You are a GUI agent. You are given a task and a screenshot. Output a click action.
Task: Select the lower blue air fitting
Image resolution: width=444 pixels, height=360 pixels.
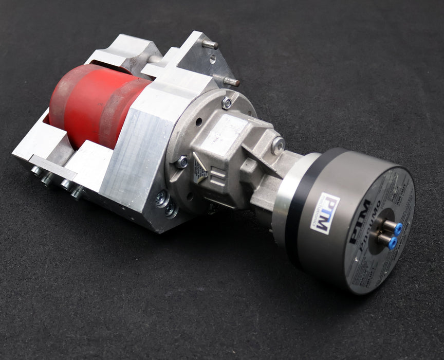tap(392, 242)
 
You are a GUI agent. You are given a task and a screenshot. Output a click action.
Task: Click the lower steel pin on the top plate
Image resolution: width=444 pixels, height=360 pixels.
tap(231, 81)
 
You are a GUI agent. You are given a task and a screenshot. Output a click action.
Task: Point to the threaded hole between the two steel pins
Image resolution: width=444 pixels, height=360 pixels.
tap(213, 60)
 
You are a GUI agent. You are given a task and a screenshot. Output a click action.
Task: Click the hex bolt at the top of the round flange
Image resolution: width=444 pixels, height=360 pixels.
tap(226, 103)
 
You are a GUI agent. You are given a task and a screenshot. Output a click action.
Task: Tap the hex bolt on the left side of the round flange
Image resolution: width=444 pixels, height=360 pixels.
tap(182, 162)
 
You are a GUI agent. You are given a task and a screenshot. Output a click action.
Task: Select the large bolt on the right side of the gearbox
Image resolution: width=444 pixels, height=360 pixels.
tap(278, 146)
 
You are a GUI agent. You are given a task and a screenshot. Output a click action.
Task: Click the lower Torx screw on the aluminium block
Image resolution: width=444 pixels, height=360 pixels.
tap(170, 210)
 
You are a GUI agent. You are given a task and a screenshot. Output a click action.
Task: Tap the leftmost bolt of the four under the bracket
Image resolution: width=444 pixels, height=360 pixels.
tap(36, 170)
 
